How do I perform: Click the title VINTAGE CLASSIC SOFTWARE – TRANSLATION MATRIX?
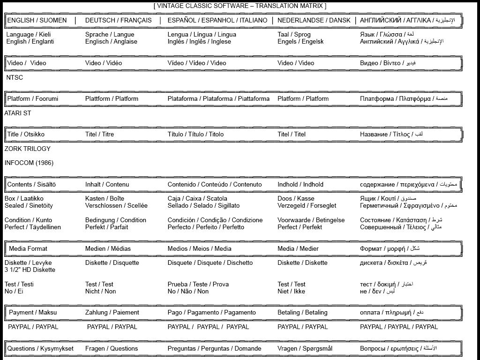click(x=240, y=6)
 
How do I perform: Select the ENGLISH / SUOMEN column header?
click(x=37, y=21)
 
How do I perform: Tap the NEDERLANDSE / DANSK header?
click(x=314, y=21)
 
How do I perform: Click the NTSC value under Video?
click(x=15, y=78)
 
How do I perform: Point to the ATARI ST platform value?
click(x=18, y=113)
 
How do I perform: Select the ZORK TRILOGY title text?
click(x=28, y=149)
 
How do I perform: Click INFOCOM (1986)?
click(x=29, y=163)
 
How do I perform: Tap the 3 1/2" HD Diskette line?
click(x=30, y=270)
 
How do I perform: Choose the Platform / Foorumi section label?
click(x=33, y=99)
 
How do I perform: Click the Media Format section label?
click(x=28, y=249)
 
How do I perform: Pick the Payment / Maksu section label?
click(x=33, y=313)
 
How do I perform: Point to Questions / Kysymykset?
click(x=40, y=349)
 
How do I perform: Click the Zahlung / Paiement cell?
click(x=112, y=313)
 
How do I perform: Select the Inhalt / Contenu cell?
click(x=107, y=185)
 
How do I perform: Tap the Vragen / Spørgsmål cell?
click(x=305, y=349)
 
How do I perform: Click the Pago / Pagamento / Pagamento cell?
click(x=212, y=313)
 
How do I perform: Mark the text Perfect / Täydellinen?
click(x=33, y=227)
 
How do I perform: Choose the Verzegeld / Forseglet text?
click(x=307, y=206)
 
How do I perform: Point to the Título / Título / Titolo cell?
click(x=195, y=135)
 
